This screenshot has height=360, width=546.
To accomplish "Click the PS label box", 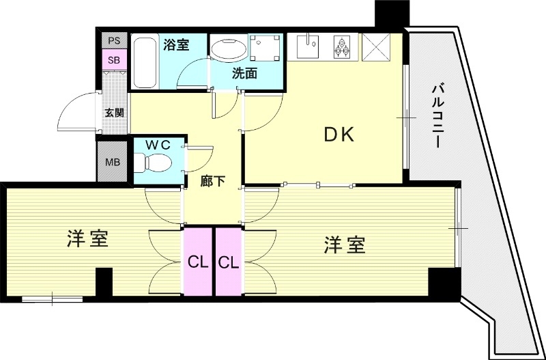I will pos(114,41).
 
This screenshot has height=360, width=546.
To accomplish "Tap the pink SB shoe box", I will pos(114,59).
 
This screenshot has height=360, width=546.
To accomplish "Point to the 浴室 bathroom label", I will pos(176,45).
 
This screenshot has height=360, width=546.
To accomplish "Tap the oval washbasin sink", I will pos(227,51).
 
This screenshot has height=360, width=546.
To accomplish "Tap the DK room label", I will pos(339,135).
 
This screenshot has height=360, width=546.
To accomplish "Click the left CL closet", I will pos(198,262).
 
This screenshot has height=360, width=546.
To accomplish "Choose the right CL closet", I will pos(228,262).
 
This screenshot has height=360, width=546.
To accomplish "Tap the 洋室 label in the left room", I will pos(89,239).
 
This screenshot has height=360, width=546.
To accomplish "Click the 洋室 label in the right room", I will pos(345,244).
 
